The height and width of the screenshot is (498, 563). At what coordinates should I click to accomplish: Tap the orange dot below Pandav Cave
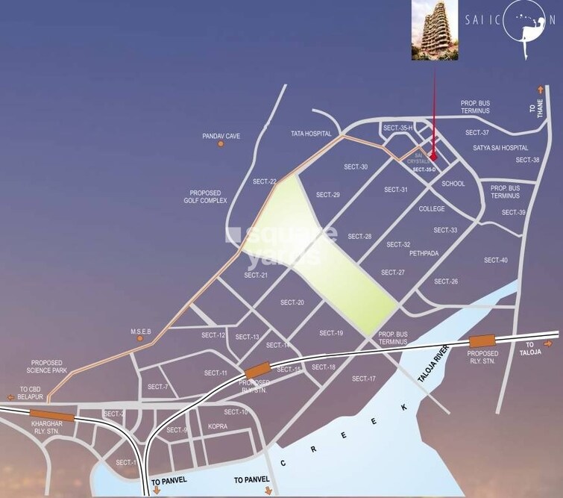[220, 143]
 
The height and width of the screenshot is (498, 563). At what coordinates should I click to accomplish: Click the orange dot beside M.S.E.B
[139, 338]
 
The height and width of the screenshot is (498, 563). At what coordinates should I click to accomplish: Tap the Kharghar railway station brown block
[52, 414]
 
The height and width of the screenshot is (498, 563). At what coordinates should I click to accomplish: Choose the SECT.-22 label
[265, 181]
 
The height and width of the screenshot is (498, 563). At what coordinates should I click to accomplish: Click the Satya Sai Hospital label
[500, 148]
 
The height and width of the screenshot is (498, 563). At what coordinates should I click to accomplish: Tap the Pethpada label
[423, 254]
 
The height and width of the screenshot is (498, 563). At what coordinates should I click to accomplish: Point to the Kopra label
[218, 426]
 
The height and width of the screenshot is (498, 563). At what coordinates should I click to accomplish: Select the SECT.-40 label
[496, 260]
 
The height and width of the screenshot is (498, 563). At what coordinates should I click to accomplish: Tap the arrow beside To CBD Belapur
[9, 397]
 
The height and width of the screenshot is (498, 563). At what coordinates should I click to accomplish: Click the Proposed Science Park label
[47, 366]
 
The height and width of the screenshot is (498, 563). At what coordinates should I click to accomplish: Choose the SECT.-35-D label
[424, 170]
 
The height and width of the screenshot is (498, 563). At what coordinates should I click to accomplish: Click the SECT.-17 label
[364, 379]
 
